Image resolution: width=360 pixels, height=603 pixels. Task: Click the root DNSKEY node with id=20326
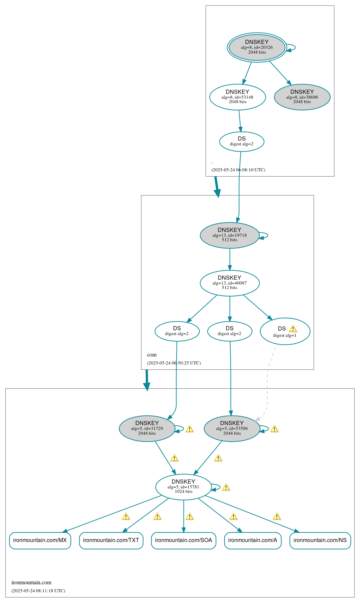point(257,47)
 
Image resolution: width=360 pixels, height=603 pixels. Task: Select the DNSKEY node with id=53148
point(237,97)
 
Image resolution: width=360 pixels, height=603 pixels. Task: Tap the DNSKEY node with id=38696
point(302,97)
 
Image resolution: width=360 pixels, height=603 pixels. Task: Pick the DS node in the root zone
point(242,141)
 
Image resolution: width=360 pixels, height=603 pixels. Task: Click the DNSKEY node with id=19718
point(229,235)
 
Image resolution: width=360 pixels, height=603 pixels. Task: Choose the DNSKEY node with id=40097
point(229,283)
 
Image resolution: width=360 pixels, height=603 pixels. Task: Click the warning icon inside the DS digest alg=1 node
point(293,329)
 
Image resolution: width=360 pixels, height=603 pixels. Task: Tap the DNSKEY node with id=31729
point(147,428)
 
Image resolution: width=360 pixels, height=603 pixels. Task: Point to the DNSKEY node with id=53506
point(232,428)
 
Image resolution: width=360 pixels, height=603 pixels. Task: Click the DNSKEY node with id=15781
point(183,487)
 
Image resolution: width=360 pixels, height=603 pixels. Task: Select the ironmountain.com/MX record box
point(40,540)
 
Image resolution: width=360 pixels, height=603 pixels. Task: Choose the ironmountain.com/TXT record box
point(111,540)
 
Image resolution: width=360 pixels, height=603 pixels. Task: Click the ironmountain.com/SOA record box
point(183,540)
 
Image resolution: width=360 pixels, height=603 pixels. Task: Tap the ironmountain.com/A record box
point(253,540)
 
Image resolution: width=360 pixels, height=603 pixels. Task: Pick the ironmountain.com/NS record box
point(320,540)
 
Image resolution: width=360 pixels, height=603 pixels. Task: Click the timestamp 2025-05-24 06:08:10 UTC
point(238,170)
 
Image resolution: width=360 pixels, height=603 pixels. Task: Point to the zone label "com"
point(152,355)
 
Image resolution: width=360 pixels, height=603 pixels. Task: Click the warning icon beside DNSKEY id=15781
point(226,487)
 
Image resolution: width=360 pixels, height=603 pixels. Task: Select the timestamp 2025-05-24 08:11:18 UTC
point(38,591)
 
